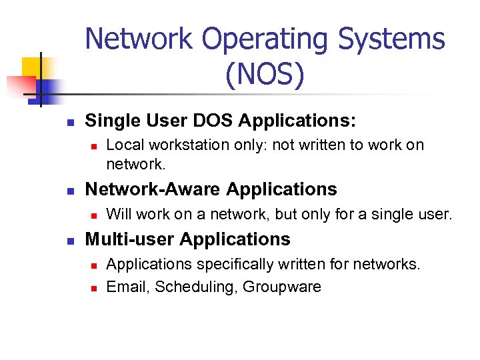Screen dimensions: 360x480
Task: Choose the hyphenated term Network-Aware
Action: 153,189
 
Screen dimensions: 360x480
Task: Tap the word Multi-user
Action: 130,239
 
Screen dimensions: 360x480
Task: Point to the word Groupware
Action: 282,287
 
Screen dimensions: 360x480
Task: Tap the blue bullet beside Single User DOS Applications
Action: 69,123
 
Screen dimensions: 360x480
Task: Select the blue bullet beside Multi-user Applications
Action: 69,241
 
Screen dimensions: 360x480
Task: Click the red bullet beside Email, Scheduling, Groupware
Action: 93,288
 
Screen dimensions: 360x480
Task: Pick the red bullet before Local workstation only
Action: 93,146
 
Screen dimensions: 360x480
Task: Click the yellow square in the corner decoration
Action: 32,67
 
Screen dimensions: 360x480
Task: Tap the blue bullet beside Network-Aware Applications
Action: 69,191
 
